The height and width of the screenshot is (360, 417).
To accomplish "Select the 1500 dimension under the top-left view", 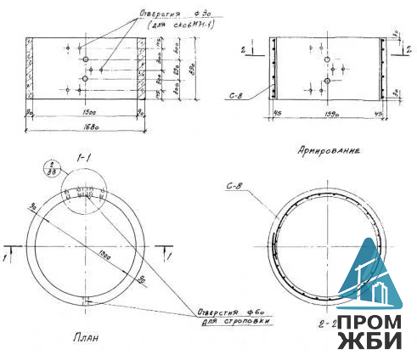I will pos(83,111).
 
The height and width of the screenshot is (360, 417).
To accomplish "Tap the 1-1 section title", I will pos(83,157).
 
